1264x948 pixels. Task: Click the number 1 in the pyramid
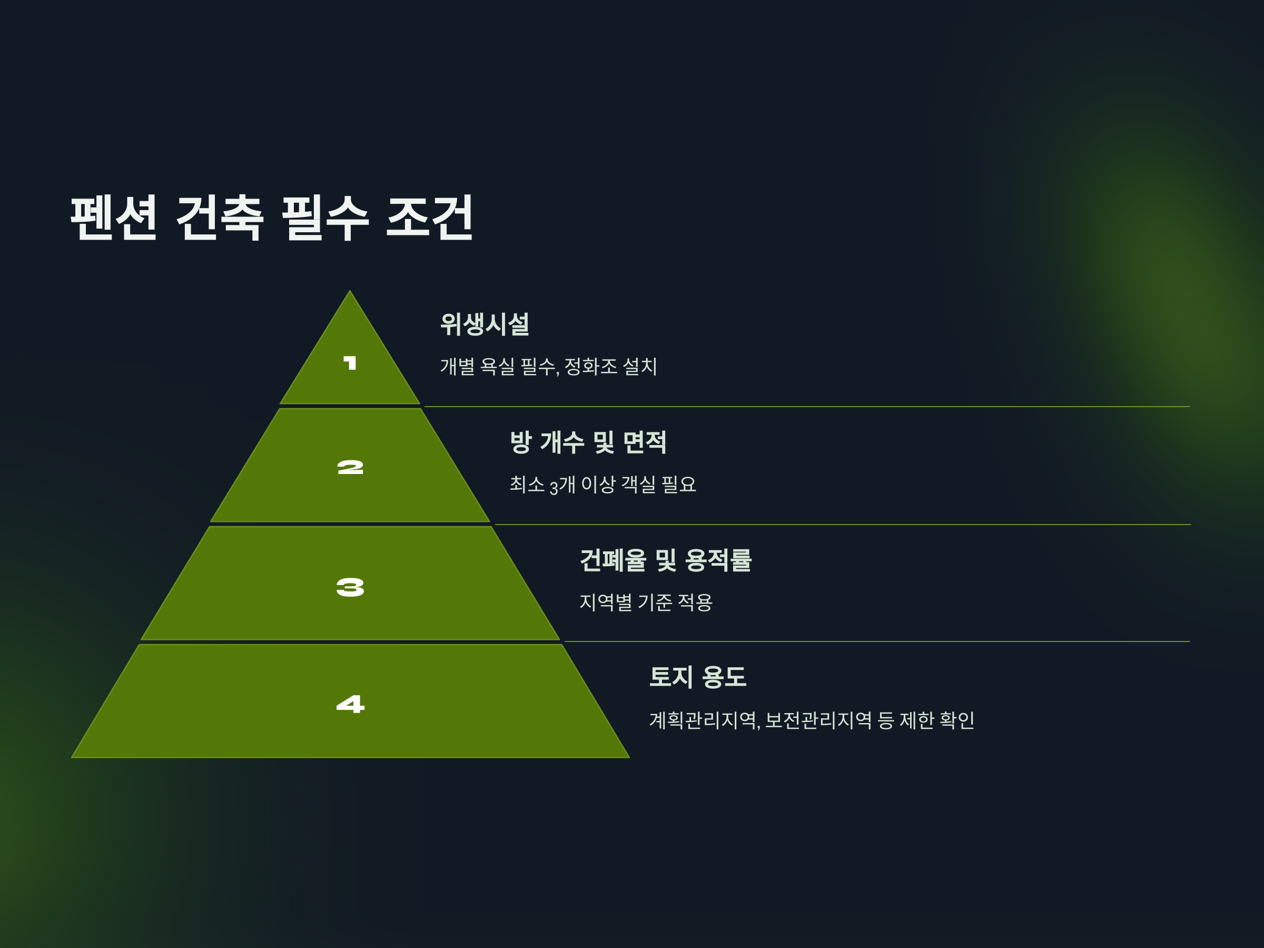(x=350, y=363)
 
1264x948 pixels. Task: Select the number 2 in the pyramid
(x=350, y=468)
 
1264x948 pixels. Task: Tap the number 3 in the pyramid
(x=350, y=587)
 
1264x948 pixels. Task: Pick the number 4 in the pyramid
(x=350, y=704)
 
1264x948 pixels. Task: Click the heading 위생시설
(x=485, y=324)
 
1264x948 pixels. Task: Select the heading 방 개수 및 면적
(x=588, y=442)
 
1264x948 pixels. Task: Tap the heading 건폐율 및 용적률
(x=666, y=560)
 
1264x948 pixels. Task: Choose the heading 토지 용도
(x=698, y=677)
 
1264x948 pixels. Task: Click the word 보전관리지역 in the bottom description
(x=818, y=720)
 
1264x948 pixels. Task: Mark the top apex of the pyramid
(x=350, y=292)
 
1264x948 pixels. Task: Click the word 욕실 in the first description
(x=497, y=366)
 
